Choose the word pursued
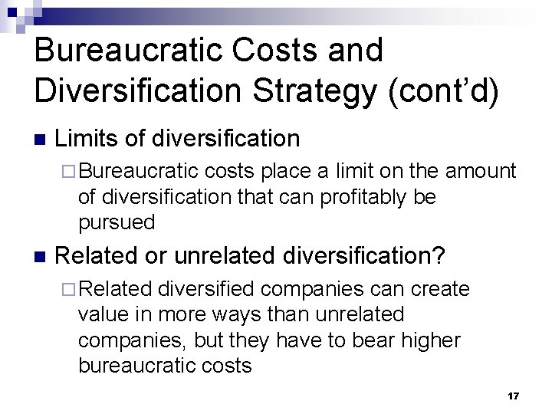pyautogui.click(x=117, y=222)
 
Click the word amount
pyautogui.click(x=480, y=171)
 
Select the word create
pyautogui.click(x=441, y=289)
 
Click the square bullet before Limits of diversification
pyautogui.click(x=40, y=140)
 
